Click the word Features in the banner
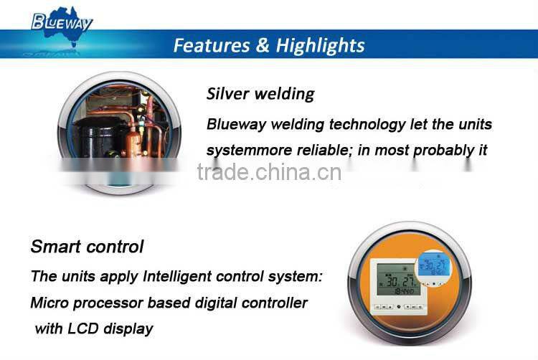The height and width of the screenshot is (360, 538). [x=209, y=46]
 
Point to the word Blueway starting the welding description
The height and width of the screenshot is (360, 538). [x=234, y=124]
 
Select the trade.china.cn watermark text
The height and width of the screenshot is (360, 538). [x=269, y=173]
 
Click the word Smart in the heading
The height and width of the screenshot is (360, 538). [x=54, y=247]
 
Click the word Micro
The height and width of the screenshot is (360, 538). [x=48, y=303]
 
